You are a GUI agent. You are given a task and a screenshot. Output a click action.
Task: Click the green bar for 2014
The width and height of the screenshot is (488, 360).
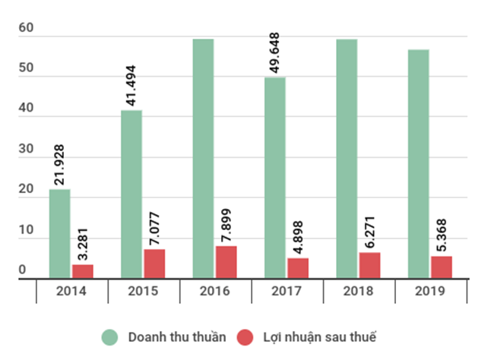tap(60, 234)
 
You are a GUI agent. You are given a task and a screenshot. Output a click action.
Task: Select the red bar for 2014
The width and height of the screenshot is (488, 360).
tap(83, 271)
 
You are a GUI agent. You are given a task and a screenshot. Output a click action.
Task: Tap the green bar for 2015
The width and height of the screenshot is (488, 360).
tap(132, 194)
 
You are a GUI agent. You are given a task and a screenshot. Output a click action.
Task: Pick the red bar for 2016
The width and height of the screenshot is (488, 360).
tap(226, 262)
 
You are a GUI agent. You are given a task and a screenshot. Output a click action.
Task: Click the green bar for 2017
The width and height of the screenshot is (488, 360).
tap(275, 178)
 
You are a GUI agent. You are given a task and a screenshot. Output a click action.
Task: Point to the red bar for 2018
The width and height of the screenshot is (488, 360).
tap(369, 265)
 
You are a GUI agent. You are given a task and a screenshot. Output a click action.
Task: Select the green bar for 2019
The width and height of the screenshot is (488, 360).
tap(418, 164)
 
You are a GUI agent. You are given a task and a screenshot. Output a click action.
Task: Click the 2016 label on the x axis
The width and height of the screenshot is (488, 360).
tap(214, 291)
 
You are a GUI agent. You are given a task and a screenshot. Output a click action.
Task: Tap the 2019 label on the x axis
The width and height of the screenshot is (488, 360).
tap(429, 291)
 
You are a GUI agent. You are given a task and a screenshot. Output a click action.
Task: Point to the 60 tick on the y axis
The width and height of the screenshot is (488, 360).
tap(27, 27)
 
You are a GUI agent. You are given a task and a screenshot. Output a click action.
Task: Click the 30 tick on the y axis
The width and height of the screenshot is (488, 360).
tap(27, 150)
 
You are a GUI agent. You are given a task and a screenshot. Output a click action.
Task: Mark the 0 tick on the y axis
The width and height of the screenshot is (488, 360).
tap(22, 270)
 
